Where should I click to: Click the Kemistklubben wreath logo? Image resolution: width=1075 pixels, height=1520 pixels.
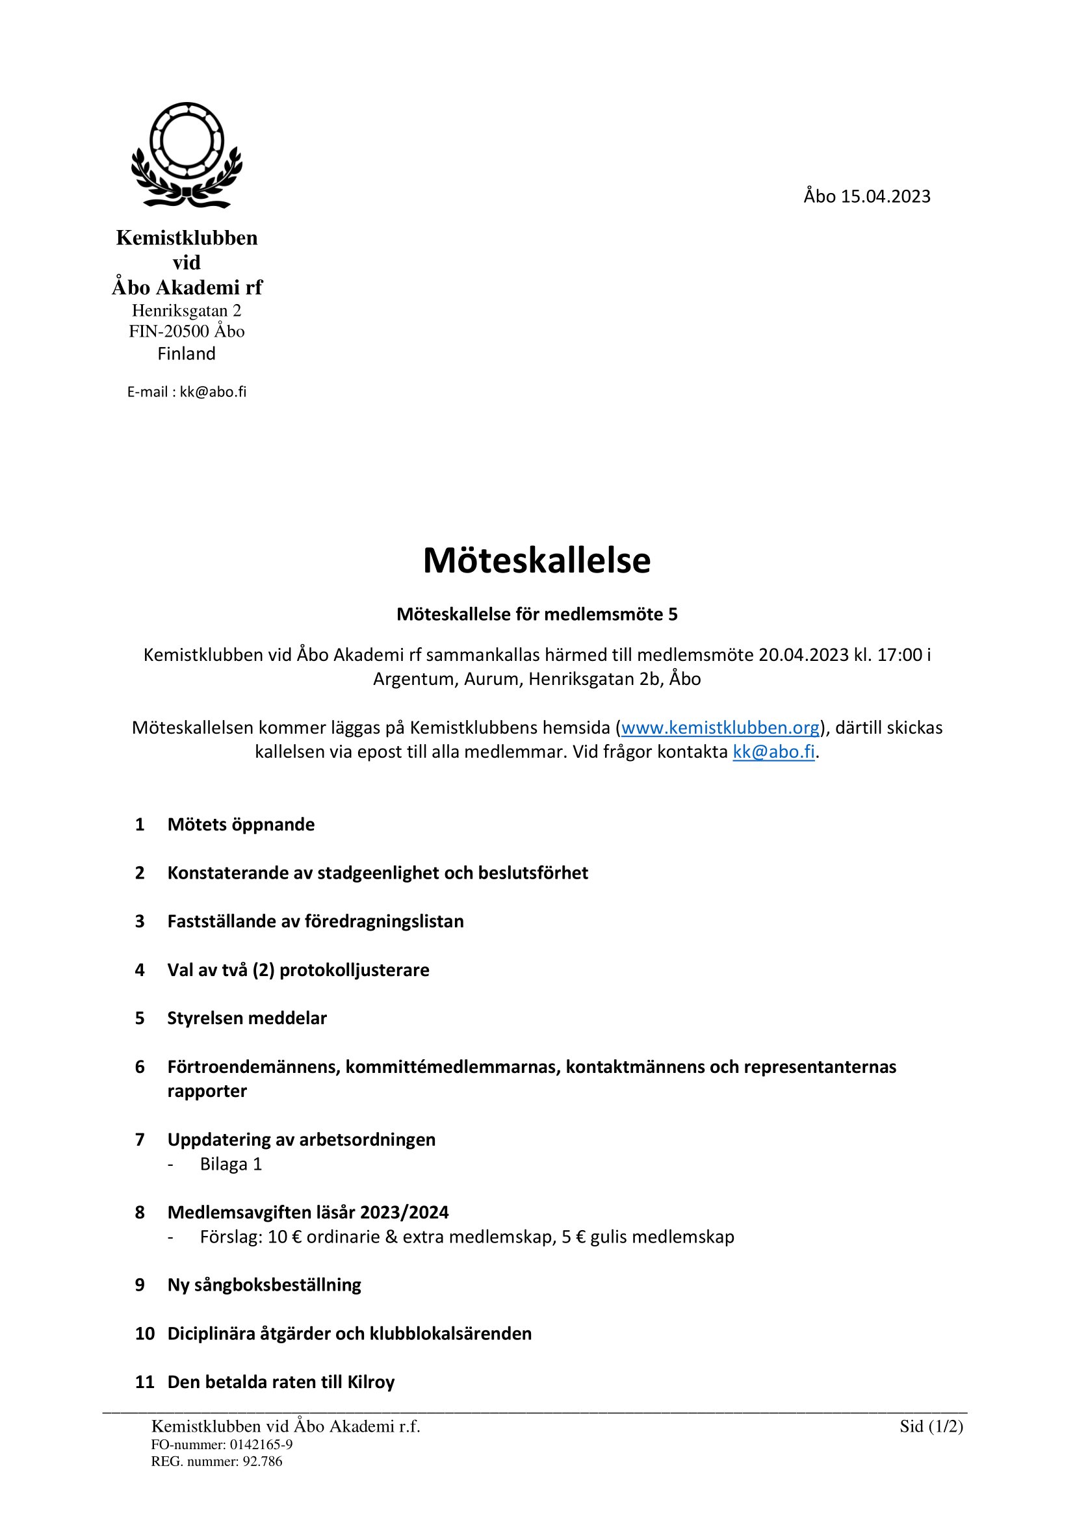(x=187, y=155)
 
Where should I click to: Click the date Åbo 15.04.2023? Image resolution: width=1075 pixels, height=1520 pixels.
(x=866, y=197)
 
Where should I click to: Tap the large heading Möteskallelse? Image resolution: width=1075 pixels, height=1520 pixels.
(x=537, y=561)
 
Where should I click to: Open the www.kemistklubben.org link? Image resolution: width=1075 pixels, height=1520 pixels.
(x=720, y=728)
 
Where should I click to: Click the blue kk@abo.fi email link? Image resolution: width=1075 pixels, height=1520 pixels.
(x=773, y=752)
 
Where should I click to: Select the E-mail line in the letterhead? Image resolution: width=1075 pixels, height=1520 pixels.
(x=187, y=392)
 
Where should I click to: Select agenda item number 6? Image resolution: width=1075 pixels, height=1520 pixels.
(x=140, y=1067)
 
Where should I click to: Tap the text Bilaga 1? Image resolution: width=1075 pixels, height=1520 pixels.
(x=231, y=1165)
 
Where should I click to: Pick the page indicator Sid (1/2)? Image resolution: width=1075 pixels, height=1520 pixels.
(x=931, y=1426)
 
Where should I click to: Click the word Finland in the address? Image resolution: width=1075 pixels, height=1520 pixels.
(x=187, y=354)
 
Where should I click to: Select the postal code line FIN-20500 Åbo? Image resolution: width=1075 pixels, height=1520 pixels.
(x=187, y=331)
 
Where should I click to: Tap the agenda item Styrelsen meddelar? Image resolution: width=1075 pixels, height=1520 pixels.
(x=247, y=1018)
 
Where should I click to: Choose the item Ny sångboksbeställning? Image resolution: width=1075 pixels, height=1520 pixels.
(x=264, y=1285)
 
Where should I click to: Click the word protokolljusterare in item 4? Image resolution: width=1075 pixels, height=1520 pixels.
(x=354, y=970)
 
